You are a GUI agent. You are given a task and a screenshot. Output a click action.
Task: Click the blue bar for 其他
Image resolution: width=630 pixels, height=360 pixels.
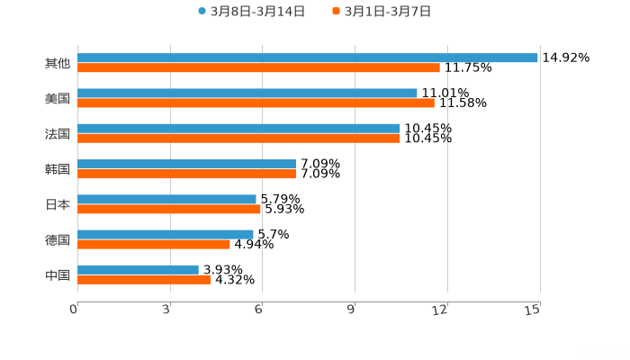[308, 58]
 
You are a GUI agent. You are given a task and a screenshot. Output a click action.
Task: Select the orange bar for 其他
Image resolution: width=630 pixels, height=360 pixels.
[259, 67]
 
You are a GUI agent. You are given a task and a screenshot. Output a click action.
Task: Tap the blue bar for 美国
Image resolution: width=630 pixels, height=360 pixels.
[247, 94]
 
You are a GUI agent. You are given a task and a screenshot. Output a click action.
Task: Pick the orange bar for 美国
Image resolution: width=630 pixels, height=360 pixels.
[256, 103]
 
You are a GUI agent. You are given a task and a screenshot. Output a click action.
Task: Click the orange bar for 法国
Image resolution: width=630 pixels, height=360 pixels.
[238, 138]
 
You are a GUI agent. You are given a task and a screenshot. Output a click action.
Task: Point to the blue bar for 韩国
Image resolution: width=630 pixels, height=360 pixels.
[186, 164]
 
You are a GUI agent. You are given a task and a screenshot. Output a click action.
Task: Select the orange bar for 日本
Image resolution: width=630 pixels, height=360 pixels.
[169, 209]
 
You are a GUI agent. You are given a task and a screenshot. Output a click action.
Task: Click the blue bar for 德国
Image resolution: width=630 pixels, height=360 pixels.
[166, 234]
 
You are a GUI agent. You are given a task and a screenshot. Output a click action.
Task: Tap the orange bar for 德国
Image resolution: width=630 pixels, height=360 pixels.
[154, 244]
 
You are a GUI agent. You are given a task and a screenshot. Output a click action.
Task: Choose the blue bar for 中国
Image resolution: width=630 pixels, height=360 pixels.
[138, 269]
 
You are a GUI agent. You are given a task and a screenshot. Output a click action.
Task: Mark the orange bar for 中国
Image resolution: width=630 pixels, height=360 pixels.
[144, 279]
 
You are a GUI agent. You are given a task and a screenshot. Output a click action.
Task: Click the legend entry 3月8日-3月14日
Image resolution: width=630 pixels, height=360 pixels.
[251, 12]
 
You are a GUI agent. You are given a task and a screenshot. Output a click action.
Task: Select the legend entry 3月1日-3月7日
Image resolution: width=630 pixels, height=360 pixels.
[382, 12]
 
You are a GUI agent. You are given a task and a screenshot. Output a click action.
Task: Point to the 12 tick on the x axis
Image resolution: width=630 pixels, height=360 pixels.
[441, 310]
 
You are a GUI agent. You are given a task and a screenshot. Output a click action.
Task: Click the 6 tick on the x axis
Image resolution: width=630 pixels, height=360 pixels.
[258, 310]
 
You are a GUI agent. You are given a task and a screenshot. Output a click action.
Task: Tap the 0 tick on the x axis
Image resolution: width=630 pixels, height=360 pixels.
[74, 310]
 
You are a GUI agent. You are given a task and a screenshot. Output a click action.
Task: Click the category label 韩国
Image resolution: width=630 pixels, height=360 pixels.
[58, 169]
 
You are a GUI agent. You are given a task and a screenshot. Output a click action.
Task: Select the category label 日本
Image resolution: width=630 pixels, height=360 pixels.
[58, 204]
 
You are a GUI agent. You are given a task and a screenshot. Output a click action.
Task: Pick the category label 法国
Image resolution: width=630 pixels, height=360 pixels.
[58, 134]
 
